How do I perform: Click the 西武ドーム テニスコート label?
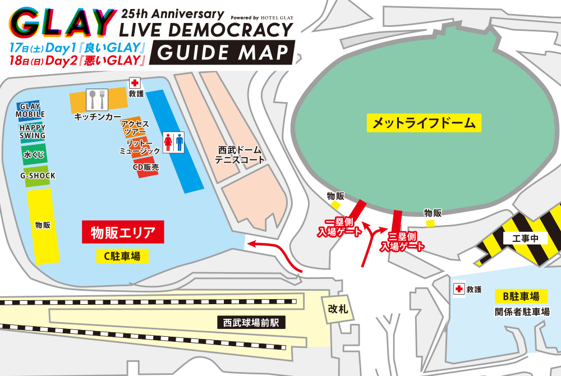point(240,155)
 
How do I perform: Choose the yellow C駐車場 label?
point(122,256)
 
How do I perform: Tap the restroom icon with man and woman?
point(173,143)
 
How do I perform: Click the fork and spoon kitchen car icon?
point(96,100)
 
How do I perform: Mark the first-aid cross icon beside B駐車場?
point(459,289)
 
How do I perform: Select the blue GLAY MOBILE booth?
point(30,111)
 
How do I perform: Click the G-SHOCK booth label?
point(38,176)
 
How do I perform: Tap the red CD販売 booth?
point(146,167)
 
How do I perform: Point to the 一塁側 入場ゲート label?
point(338,226)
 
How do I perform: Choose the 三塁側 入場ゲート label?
point(402,241)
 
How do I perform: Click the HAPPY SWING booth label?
point(33,131)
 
